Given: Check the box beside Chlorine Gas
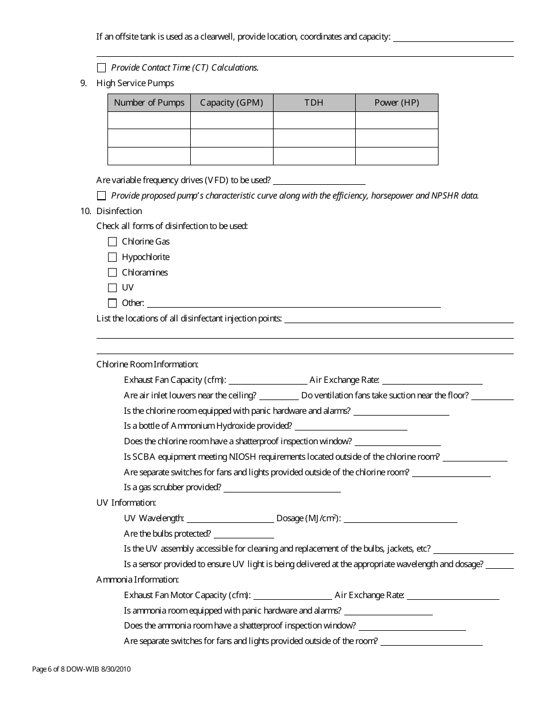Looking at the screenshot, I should [x=112, y=242].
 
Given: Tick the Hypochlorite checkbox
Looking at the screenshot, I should [x=112, y=257].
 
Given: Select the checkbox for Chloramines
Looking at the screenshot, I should [x=112, y=273].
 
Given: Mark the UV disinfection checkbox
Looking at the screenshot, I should [x=112, y=288].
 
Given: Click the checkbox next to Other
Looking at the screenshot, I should [x=112, y=303].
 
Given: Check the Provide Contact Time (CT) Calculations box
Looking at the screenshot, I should [x=102, y=68].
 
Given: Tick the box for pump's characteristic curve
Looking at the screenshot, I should [x=102, y=196].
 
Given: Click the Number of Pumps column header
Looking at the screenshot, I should [x=149, y=103].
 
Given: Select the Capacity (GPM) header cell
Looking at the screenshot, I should [x=232, y=103].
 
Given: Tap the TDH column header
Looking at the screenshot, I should [x=314, y=103].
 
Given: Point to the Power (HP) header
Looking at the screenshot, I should [x=397, y=103].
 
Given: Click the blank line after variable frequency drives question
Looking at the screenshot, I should [x=319, y=181].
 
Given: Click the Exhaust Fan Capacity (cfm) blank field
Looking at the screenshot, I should [x=268, y=381].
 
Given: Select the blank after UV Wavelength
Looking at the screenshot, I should [x=230, y=519].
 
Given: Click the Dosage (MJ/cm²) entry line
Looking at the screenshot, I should [x=400, y=519].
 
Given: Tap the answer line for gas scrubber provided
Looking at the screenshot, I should [x=282, y=488].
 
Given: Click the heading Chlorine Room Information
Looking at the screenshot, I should [x=147, y=364].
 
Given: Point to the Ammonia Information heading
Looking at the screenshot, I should [x=137, y=580].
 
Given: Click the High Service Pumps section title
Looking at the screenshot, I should [x=135, y=83].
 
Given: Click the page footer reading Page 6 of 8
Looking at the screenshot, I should [x=85, y=669].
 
